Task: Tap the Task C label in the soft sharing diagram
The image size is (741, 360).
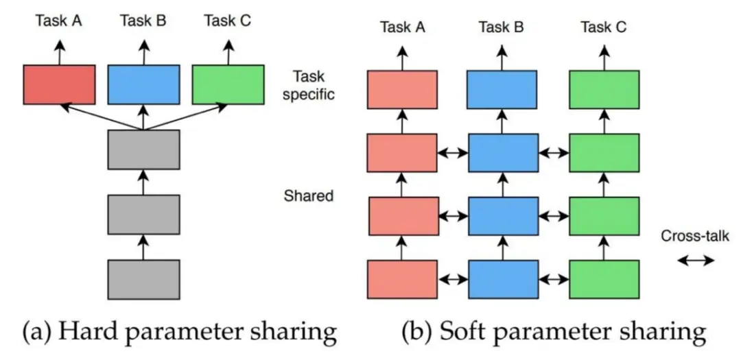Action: [604, 27]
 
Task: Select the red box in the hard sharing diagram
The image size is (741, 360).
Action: [59, 85]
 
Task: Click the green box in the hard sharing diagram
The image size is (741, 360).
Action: [228, 85]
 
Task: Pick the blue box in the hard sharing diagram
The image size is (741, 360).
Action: [143, 85]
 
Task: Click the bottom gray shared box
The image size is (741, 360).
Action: [143, 279]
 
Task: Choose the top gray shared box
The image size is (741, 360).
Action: [143, 149]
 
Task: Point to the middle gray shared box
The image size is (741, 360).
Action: [143, 214]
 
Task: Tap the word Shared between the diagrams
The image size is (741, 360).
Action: [308, 196]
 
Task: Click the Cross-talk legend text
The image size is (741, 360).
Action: [694, 237]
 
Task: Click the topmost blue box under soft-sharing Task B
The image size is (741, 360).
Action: [503, 90]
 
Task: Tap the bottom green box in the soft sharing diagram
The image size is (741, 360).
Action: [604, 280]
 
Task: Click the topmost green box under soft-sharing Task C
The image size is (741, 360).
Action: [604, 90]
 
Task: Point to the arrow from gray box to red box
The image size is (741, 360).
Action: [99, 117]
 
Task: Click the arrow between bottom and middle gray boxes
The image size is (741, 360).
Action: [143, 247]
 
